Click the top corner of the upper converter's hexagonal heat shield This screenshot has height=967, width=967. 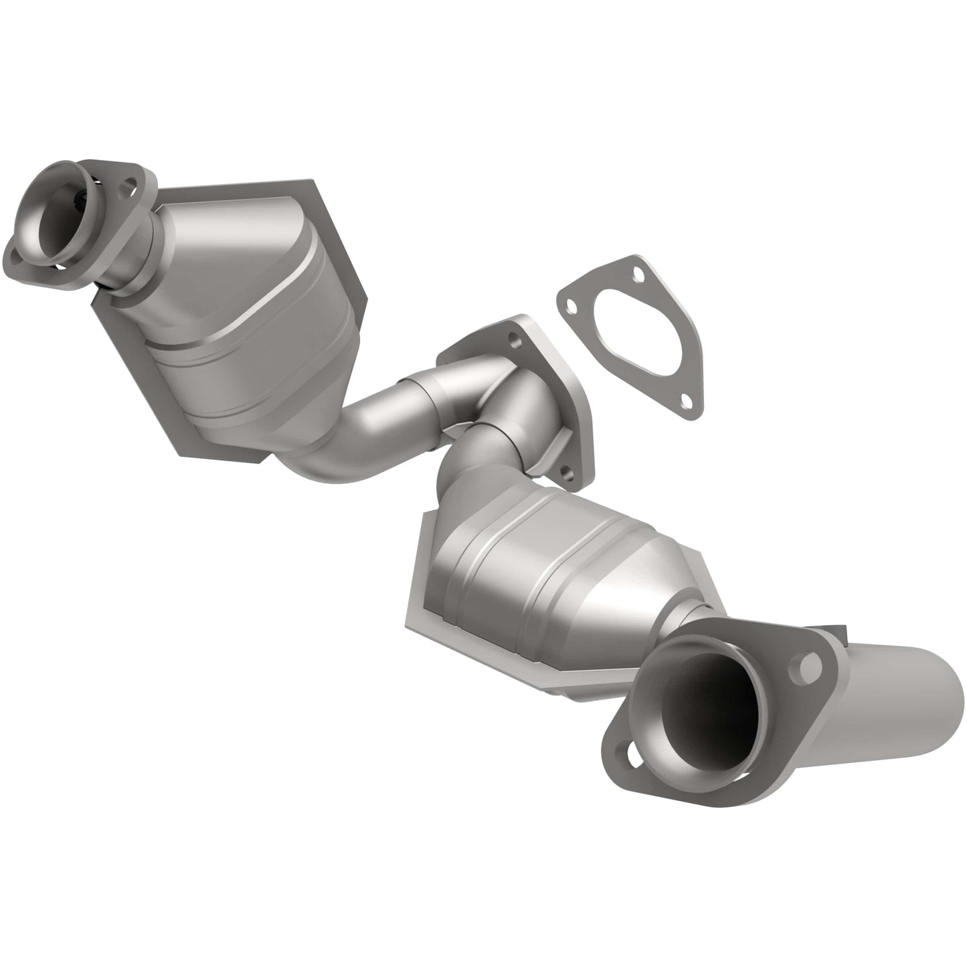click(309, 182)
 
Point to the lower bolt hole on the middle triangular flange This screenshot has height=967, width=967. click(567, 476)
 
